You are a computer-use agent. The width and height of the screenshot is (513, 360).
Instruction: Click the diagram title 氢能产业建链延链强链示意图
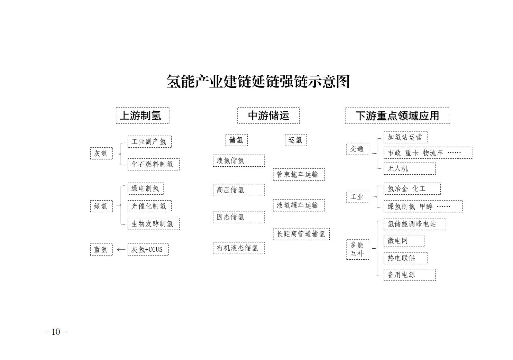[x=258, y=81]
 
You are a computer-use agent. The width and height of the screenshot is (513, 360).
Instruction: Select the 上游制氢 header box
[x=143, y=116]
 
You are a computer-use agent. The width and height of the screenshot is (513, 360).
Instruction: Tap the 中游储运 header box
[x=268, y=116]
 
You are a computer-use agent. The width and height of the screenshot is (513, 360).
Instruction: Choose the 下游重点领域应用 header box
[x=397, y=116]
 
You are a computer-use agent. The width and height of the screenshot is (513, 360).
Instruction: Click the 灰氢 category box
[x=101, y=154]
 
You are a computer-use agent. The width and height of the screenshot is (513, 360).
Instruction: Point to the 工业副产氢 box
[x=149, y=142]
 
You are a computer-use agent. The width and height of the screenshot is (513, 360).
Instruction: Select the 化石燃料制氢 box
[x=154, y=164]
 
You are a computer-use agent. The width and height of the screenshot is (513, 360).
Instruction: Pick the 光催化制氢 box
[x=149, y=206]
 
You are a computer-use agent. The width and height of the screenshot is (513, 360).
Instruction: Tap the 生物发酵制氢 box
[x=154, y=224]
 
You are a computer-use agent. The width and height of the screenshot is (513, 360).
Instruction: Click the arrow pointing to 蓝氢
[x=121, y=249]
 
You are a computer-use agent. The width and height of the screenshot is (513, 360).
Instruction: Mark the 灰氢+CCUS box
[x=148, y=250]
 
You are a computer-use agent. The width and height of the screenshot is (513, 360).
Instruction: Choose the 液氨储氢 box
[x=239, y=160]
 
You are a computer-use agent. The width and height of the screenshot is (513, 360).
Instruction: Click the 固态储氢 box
[x=239, y=217]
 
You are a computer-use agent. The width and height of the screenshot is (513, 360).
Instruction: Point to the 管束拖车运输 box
[x=299, y=175]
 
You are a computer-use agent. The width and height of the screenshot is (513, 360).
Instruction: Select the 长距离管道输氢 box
[x=301, y=234]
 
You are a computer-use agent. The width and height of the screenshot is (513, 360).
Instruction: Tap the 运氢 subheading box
[x=296, y=140]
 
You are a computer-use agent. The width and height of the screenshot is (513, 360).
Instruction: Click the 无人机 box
[x=410, y=168]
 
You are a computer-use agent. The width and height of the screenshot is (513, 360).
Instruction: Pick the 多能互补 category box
[x=358, y=249]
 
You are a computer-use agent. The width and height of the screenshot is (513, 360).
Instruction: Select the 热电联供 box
[x=406, y=258]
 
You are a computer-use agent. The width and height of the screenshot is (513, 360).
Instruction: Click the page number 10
[x=56, y=332]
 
